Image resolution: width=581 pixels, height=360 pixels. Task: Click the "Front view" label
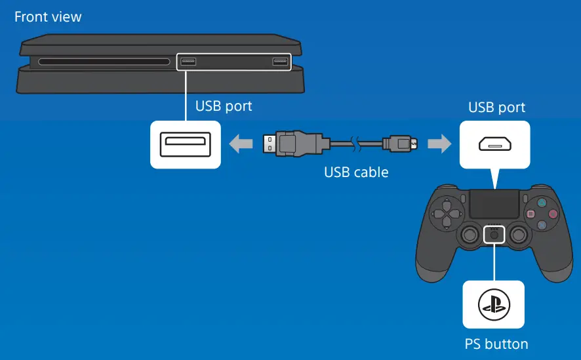coord(48,17)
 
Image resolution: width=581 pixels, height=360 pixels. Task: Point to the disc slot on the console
coord(104,63)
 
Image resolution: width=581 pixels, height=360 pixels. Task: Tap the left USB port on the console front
coord(188,62)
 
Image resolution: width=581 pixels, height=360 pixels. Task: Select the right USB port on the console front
coord(280,62)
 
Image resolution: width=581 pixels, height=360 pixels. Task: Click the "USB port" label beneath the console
coord(224,106)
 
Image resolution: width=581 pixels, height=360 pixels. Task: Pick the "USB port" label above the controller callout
coord(496,107)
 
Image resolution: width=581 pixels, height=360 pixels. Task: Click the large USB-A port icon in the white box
coord(186,144)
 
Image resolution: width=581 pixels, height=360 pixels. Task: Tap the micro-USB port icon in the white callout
coord(496,144)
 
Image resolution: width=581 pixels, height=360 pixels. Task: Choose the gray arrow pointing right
coord(439,143)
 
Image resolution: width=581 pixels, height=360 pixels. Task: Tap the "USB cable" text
coord(356,172)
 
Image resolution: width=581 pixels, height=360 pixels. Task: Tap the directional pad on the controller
coord(449,213)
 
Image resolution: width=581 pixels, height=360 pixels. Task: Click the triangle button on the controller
coord(542,203)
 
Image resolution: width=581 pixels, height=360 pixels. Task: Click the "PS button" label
coord(496,344)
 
